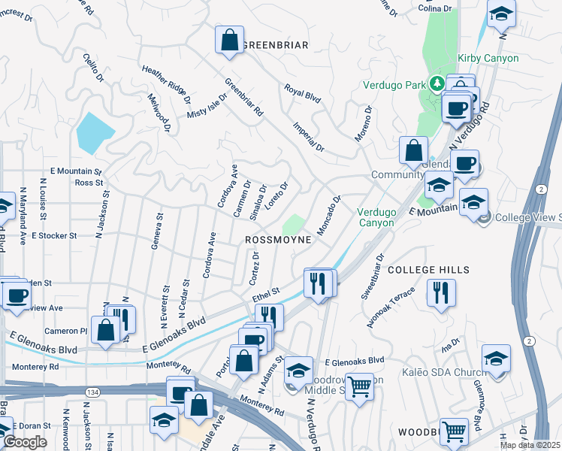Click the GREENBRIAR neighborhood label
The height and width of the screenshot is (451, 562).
(276, 45)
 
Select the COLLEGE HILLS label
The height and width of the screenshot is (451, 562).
(428, 269)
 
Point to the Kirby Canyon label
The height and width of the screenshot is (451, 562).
(488, 58)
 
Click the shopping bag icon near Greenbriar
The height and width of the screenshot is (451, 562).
(229, 40)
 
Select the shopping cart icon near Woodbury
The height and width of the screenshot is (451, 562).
(455, 431)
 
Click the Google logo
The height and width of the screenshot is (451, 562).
(25, 442)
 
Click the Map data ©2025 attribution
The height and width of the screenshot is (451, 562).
(529, 445)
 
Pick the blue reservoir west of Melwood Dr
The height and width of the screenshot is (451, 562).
(95, 132)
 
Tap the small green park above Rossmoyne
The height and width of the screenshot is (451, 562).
(294, 224)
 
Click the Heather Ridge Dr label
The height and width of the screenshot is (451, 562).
(165, 83)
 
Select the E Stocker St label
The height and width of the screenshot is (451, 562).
(54, 235)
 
